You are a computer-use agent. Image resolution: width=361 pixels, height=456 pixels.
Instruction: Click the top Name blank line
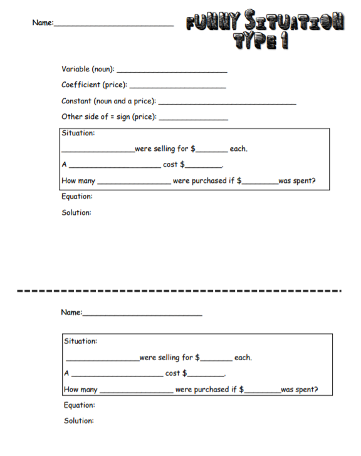point(114,25)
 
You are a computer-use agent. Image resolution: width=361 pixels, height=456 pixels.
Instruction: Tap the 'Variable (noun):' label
point(88,68)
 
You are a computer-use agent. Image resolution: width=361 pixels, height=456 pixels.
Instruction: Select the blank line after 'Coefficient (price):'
point(177,86)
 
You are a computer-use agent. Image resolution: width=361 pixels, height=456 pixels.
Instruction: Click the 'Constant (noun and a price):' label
point(108,101)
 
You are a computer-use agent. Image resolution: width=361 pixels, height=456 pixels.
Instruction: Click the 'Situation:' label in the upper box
point(78,133)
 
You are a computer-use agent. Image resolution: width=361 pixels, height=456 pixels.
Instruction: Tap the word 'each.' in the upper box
point(239,149)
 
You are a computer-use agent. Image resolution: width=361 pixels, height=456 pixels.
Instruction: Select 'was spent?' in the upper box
point(296,182)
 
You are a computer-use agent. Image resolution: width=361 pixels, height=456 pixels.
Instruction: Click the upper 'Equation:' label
point(77,197)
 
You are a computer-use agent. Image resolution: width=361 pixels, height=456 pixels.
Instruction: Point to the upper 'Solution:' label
point(76,212)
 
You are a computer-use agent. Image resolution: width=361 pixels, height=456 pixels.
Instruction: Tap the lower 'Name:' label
point(71,312)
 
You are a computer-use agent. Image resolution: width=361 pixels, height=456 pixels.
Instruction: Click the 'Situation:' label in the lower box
point(81,341)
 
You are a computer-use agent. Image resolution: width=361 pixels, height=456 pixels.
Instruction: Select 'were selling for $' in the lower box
point(169,358)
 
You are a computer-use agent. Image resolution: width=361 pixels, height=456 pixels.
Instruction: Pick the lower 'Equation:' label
point(80,405)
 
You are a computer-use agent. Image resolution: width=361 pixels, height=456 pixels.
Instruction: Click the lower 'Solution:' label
point(79,421)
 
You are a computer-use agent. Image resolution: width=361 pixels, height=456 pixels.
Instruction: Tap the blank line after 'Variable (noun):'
point(172,71)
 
